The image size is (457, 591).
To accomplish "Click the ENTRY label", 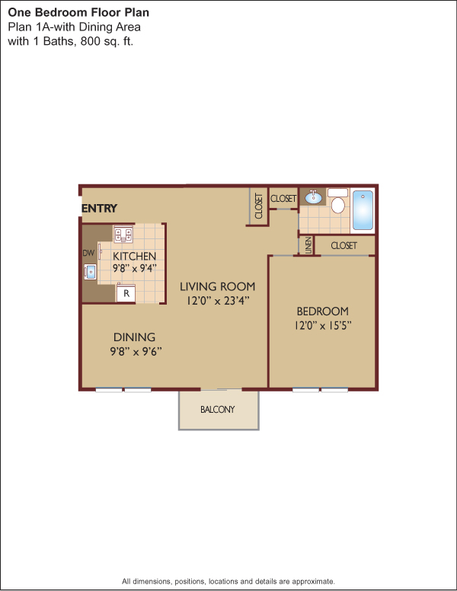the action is click(x=100, y=209).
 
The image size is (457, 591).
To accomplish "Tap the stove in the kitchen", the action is click(x=123, y=234).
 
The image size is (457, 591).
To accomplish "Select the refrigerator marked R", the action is click(x=126, y=293).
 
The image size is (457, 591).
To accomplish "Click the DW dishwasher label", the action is click(x=88, y=253).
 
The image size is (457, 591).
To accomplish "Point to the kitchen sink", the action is click(x=90, y=272).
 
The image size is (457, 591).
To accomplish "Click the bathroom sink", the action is click(x=313, y=197).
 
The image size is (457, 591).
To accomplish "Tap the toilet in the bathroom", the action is click(x=338, y=201).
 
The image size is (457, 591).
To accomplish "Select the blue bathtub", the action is click(x=363, y=210).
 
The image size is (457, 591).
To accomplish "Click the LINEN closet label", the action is click(x=308, y=245).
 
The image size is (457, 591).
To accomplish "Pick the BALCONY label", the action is click(x=218, y=409).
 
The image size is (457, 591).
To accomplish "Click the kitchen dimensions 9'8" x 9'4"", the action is click(x=134, y=268).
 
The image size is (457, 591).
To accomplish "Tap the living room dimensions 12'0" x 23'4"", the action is click(x=218, y=301).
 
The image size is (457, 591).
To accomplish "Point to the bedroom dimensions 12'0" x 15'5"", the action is click(x=323, y=325).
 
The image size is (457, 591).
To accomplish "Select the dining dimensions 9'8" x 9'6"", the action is click(x=136, y=351).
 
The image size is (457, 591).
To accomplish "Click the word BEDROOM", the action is click(x=323, y=311).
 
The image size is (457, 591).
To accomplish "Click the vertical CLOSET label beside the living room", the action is click(x=259, y=206).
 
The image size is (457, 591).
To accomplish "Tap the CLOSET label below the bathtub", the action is click(x=344, y=246).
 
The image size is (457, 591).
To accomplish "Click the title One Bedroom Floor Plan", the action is click(x=78, y=12).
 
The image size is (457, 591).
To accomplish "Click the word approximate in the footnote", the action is click(x=313, y=581).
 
